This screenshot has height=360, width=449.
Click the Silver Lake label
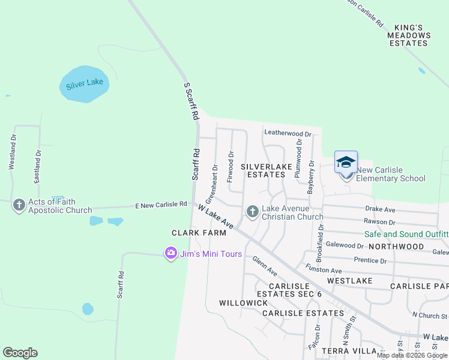85,82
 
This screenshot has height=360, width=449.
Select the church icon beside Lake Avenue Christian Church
252,212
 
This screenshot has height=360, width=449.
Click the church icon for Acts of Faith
19,205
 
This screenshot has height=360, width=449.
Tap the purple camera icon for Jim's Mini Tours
171,253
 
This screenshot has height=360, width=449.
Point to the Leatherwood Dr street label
288,134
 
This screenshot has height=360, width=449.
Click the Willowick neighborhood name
244,303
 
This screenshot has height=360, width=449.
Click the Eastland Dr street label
38,166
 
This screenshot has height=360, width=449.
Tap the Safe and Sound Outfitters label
406,234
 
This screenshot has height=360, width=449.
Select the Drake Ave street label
381,209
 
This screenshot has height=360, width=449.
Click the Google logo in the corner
20,353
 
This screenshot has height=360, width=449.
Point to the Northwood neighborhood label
396,247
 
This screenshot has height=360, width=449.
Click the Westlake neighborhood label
350,281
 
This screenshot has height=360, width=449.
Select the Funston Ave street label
323,269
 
